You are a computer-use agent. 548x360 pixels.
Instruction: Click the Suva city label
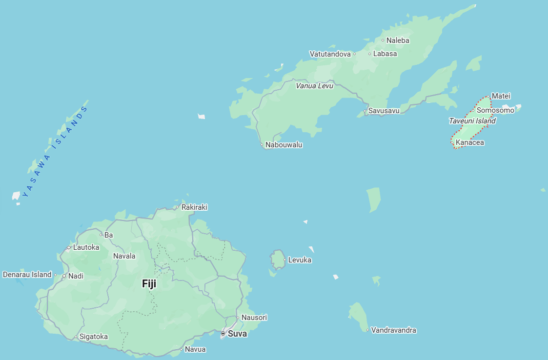(x=237, y=334)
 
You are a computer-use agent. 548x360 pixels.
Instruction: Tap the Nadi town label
(x=76, y=276)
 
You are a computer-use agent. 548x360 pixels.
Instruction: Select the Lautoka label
(x=86, y=247)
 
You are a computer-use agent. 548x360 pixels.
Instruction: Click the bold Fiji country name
(x=149, y=284)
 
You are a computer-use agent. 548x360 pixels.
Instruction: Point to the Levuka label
(x=300, y=260)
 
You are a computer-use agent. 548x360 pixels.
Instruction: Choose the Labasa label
(x=385, y=54)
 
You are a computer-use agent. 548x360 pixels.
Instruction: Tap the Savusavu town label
(x=384, y=111)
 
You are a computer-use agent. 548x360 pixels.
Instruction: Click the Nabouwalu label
(x=284, y=145)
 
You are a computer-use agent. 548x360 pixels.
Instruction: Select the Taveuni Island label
(x=472, y=121)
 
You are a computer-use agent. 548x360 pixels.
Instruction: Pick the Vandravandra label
(x=393, y=330)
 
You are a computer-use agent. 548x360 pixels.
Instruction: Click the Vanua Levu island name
(x=314, y=86)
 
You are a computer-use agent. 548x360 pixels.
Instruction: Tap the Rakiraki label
(x=194, y=207)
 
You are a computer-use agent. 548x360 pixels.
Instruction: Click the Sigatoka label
(x=93, y=337)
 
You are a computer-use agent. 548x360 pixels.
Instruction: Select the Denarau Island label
(x=27, y=275)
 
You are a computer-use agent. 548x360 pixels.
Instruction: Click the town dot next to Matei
(x=488, y=96)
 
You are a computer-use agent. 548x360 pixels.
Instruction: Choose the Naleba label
(x=398, y=40)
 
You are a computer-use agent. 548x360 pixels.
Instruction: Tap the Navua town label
(x=195, y=349)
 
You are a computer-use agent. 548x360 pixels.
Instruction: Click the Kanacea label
(x=470, y=143)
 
